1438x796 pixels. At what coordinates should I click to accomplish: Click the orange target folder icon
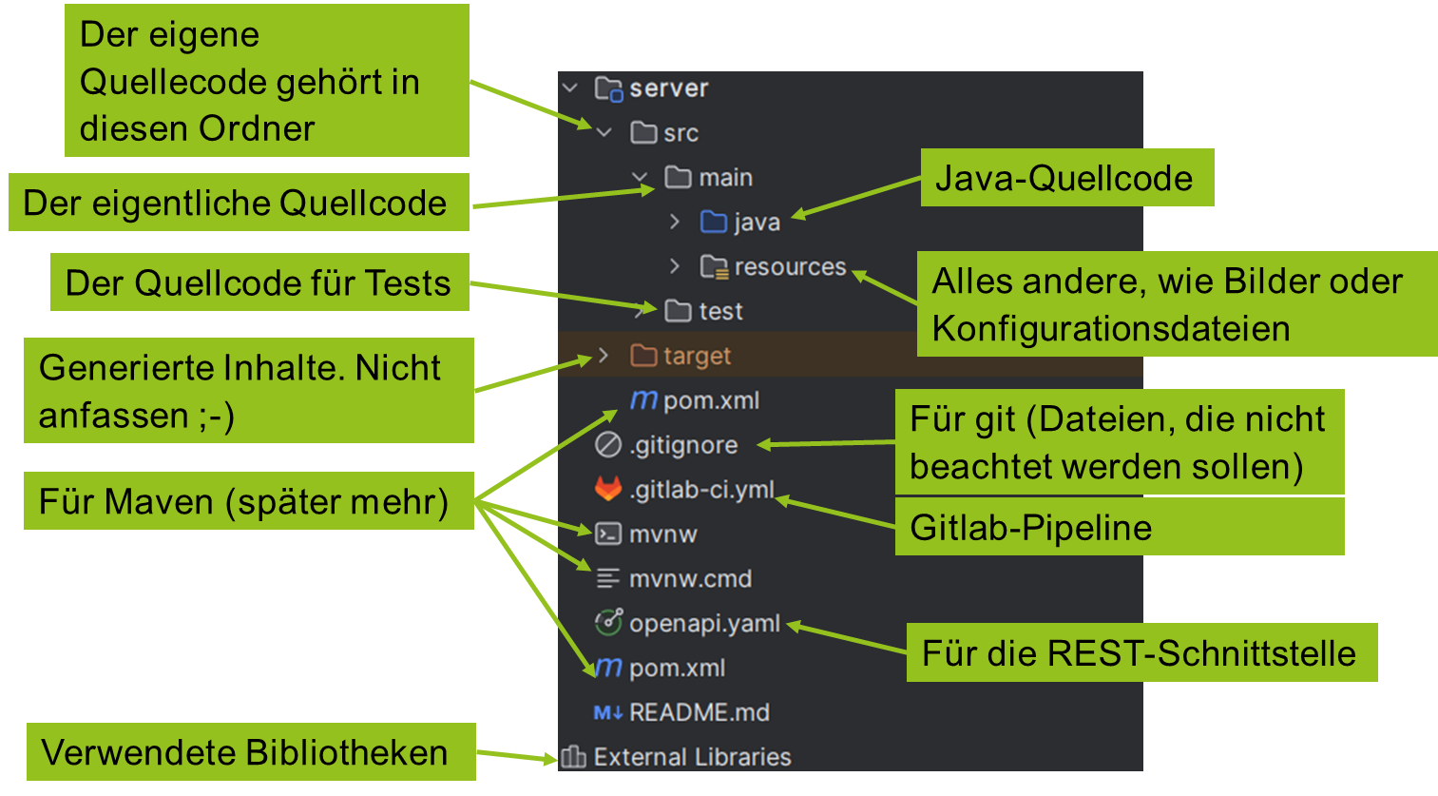643,356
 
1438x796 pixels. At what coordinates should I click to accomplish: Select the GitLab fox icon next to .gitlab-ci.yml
608,489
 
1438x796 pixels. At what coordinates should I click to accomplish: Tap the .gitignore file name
683,445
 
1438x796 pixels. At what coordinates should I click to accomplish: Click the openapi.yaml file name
704,624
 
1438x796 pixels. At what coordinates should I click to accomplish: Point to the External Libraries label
692,757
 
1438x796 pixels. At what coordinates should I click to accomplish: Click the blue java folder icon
713,222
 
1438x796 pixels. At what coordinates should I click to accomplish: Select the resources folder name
790,267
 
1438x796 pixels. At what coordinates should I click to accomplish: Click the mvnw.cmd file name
690,579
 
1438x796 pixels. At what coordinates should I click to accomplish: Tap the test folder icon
678,311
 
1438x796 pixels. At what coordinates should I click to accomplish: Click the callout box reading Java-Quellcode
1065,178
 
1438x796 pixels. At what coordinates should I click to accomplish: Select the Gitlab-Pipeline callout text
1031,528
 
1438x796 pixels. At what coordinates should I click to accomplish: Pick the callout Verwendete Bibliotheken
245,752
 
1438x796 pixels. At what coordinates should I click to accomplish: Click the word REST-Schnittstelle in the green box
1201,653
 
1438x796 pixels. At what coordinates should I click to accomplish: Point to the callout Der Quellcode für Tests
258,282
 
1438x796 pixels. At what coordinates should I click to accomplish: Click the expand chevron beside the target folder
604,356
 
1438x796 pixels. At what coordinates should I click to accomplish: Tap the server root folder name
669,88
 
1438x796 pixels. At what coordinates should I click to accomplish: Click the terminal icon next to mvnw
608,534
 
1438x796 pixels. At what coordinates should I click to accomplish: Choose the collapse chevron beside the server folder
570,88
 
